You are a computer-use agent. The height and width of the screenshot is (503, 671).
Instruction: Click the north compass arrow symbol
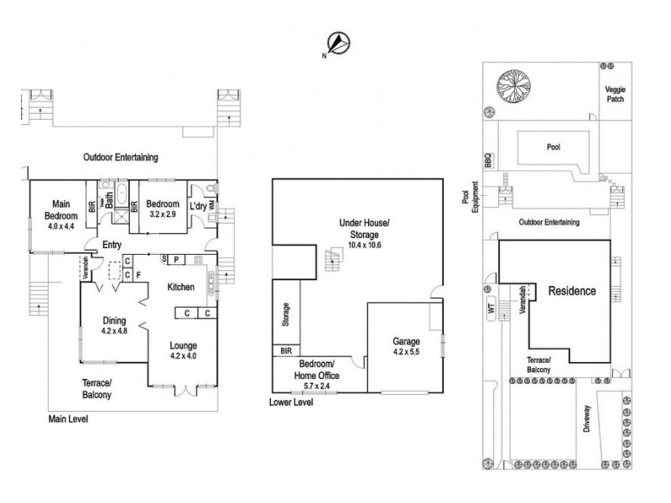pyautogui.click(x=338, y=43)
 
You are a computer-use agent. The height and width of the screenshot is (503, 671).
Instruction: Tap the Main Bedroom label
pyautogui.click(x=60, y=213)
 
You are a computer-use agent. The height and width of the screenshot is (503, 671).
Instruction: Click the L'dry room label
pyautogui.click(x=198, y=205)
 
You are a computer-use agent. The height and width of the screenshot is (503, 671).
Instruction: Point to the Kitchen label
pyautogui.click(x=180, y=287)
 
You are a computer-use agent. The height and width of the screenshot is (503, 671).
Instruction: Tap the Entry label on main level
pyautogui.click(x=112, y=245)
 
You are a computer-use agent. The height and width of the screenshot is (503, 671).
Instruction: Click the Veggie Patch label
pyautogui.click(x=615, y=93)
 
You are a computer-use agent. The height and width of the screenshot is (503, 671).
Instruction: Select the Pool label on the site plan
pyautogui.click(x=553, y=146)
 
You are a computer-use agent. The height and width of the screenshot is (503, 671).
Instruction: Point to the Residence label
pyautogui.click(x=572, y=292)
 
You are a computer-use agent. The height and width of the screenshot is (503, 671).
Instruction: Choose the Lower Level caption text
pyautogui.click(x=291, y=402)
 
